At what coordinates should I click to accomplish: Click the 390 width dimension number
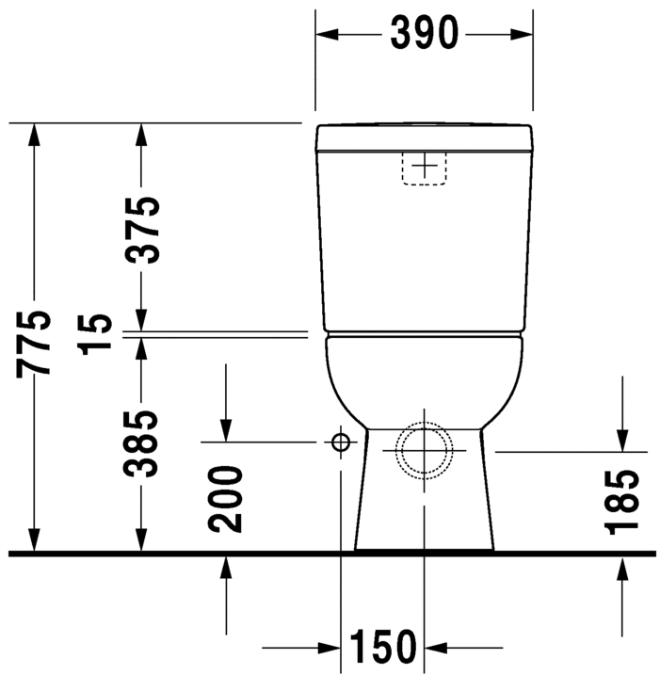424,34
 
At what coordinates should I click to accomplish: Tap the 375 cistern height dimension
142,230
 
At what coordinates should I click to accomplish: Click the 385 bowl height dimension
142,442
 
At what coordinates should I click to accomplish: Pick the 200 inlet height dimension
227,498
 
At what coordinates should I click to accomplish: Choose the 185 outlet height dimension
622,502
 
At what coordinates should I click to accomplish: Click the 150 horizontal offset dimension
383,648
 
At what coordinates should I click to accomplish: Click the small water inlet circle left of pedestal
340,442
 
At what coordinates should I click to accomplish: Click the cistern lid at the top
425,137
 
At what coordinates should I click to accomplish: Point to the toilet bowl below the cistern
425,377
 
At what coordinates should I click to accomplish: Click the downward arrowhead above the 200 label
227,430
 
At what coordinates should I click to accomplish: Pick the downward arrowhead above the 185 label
622,441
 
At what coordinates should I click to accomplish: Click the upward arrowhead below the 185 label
622,567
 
